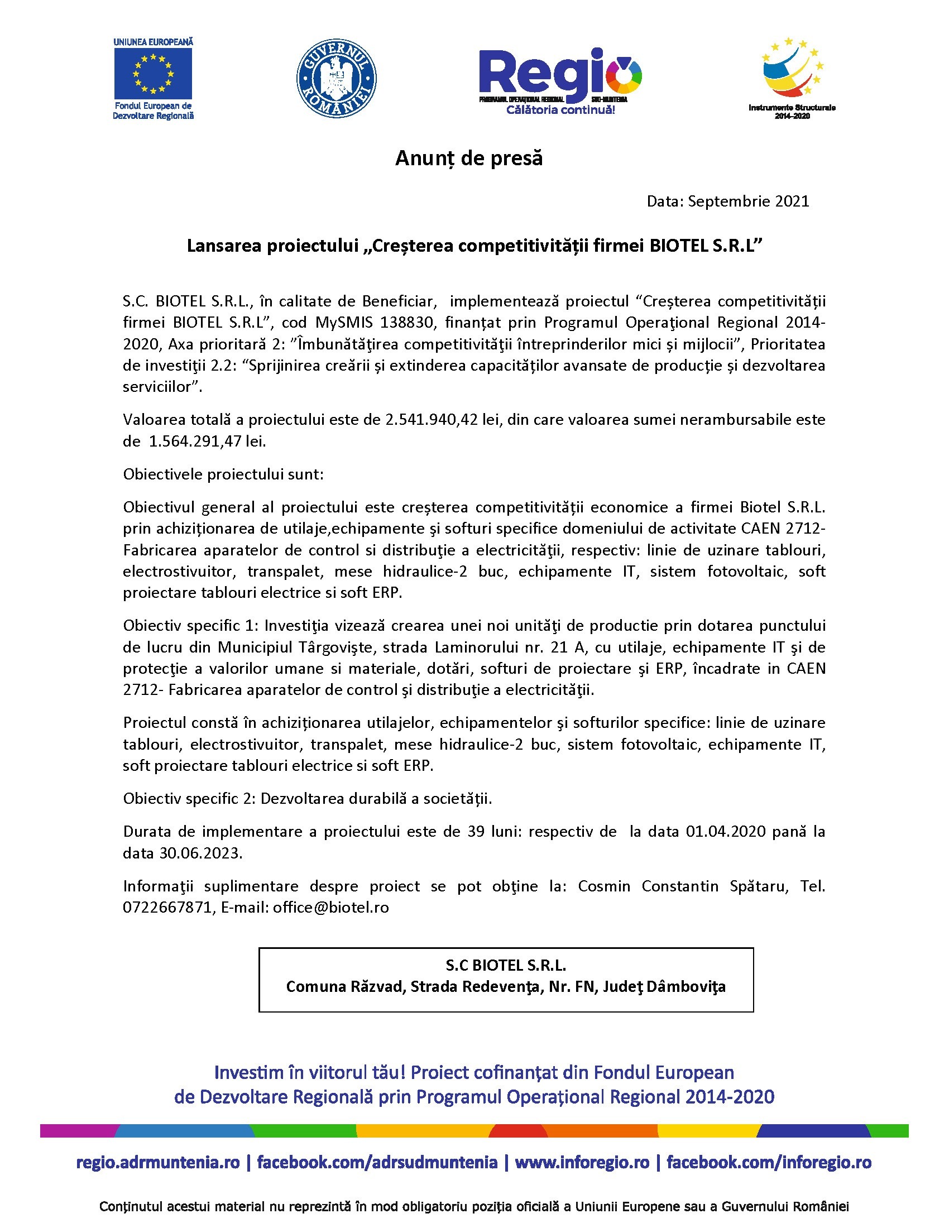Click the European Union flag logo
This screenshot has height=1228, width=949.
click(153, 74)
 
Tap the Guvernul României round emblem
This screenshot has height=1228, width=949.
click(336, 78)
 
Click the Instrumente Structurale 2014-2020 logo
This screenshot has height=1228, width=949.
click(792, 79)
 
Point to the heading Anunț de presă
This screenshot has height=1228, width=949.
click(469, 159)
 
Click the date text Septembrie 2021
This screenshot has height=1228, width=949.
click(748, 202)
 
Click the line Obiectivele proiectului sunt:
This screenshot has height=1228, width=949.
click(223, 474)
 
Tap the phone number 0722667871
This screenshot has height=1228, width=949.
click(166, 908)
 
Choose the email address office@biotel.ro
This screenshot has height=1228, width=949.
click(330, 908)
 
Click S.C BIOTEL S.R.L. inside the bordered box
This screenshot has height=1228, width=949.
click(505, 966)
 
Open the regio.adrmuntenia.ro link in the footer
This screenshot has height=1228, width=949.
click(158, 1162)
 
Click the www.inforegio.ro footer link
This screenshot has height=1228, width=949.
click(582, 1162)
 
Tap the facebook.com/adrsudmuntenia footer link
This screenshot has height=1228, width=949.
click(377, 1162)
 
